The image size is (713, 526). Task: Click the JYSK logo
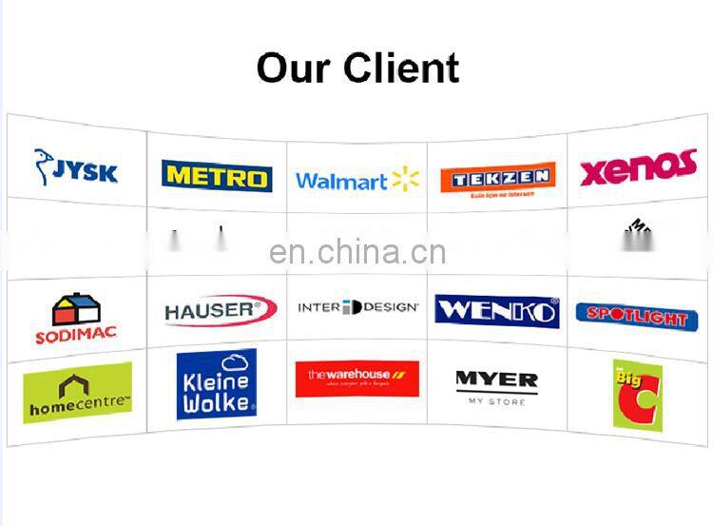click(x=76, y=168)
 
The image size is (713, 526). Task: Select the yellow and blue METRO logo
click(x=217, y=176)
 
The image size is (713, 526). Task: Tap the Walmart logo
click(x=356, y=180)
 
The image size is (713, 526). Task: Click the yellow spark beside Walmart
click(x=405, y=179)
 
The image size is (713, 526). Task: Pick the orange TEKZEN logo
click(x=497, y=178)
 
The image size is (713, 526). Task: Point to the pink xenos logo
click(x=638, y=168)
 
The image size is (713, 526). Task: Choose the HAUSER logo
click(x=220, y=310)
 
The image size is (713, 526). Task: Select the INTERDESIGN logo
click(x=357, y=307)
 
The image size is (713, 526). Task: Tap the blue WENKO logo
click(x=496, y=310)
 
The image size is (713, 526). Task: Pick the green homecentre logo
click(x=77, y=393)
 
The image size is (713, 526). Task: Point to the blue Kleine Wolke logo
click(x=217, y=384)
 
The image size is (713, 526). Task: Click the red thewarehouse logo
click(x=356, y=378)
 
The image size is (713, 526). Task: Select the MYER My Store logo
click(x=496, y=385)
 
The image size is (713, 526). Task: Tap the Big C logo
click(x=637, y=394)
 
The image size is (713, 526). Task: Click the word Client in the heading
click(x=402, y=68)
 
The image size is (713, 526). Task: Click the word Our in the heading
click(x=294, y=68)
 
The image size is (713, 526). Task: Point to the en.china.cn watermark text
click(x=356, y=252)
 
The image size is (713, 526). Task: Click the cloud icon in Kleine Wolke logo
click(x=233, y=362)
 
